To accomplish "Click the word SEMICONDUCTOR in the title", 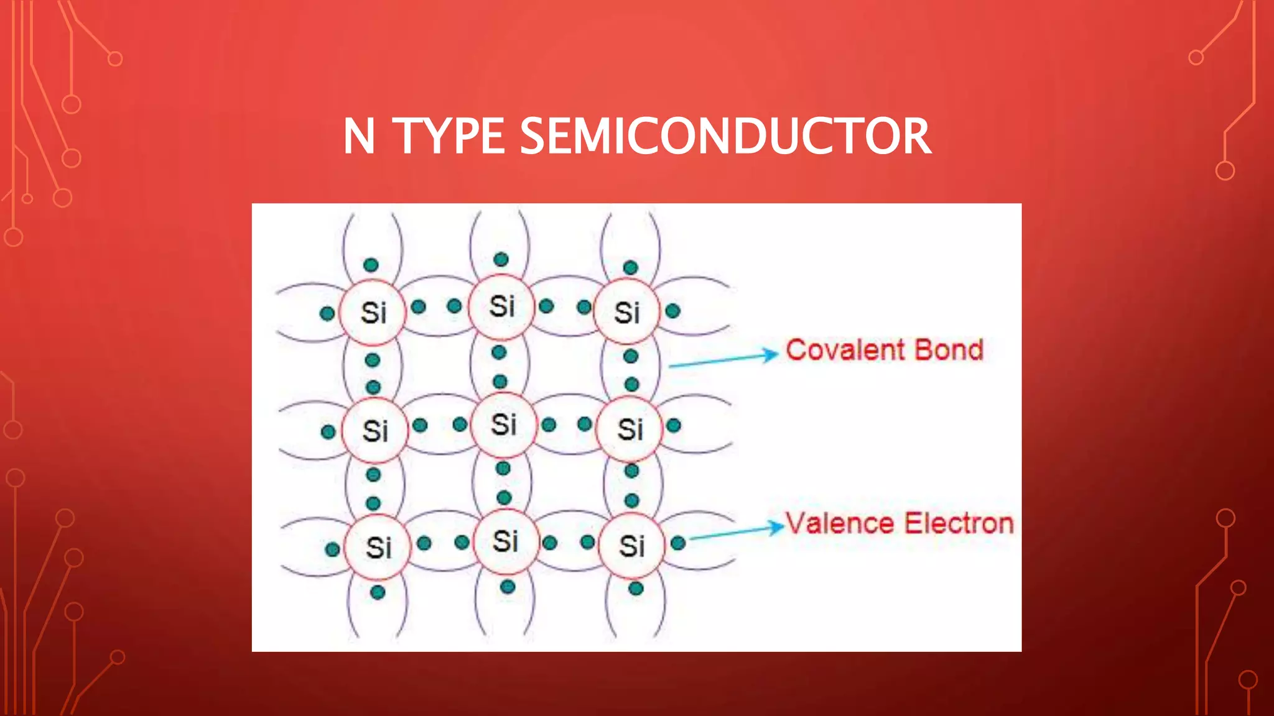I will [x=725, y=136].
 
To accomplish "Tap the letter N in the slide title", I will [x=359, y=136].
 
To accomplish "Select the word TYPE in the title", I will [x=449, y=136].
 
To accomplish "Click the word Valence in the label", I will [x=841, y=523].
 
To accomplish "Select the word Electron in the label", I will [x=958, y=523].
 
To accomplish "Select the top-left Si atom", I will [x=373, y=313].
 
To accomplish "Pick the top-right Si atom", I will [x=627, y=313].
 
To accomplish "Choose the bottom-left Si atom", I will [x=378, y=548].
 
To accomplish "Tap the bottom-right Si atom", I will [x=631, y=546].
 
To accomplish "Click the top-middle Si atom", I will [x=501, y=306].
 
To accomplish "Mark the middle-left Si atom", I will [x=375, y=431].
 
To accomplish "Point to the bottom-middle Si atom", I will [x=505, y=541].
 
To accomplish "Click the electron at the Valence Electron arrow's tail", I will [x=678, y=543].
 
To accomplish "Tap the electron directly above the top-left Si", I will [x=371, y=265].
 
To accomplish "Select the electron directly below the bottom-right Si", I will [x=636, y=588].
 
